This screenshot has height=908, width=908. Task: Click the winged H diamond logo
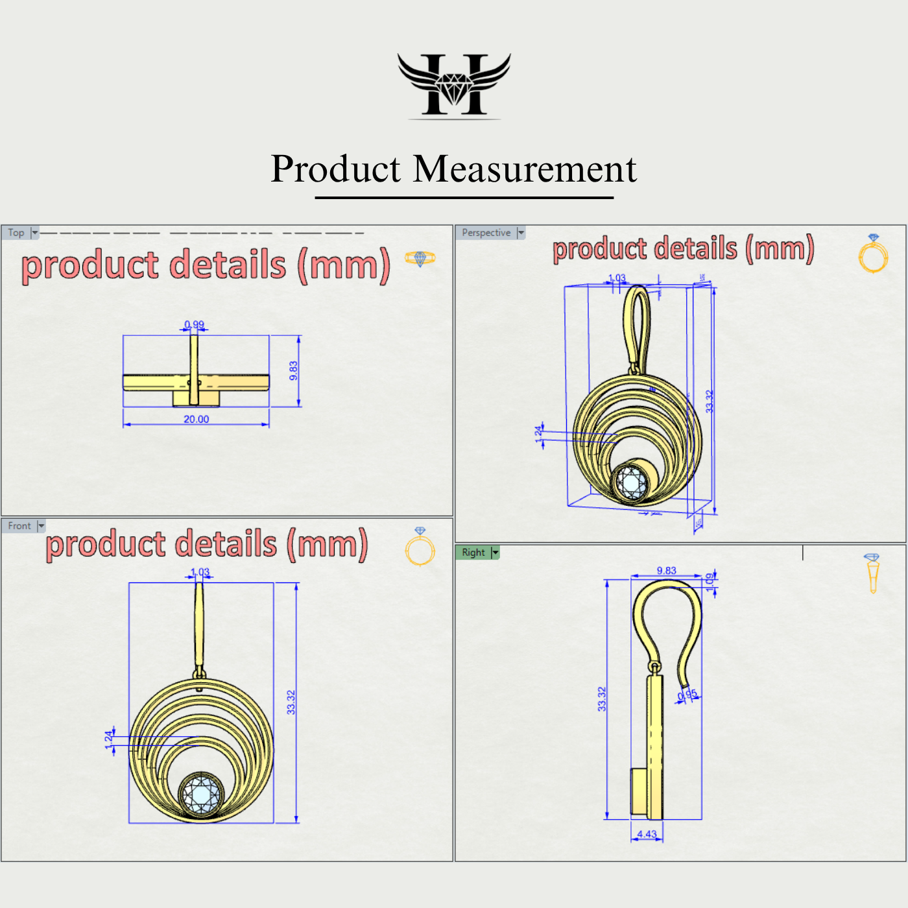454,85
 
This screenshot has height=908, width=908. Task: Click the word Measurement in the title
525,169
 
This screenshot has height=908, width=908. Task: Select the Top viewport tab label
16,233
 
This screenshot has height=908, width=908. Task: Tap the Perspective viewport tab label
486,233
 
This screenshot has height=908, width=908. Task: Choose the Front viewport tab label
19,526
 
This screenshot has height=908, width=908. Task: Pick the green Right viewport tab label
473,553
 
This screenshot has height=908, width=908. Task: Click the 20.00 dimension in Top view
196,420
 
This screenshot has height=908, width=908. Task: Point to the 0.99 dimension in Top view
194,324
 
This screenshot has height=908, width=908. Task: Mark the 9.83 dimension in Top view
294,370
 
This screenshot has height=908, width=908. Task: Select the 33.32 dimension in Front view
291,702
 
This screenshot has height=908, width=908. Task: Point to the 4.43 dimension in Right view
647,834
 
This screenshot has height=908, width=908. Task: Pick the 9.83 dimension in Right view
666,571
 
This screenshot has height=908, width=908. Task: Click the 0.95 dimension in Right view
687,695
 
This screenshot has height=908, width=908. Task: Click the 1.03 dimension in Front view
200,572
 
